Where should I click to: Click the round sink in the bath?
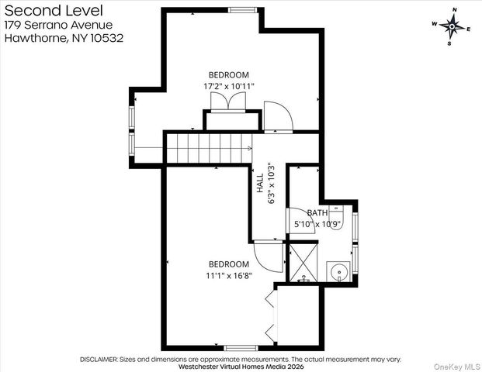coord(339,272)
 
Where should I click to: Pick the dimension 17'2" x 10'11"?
coord(228,86)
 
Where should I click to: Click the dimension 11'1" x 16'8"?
coord(228,275)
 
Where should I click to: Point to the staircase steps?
coord(206,147)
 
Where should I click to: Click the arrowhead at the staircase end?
coord(248,147)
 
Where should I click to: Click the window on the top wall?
coord(242,10)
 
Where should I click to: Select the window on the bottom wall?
coord(238,347)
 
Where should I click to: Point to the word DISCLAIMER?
coord(99,360)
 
